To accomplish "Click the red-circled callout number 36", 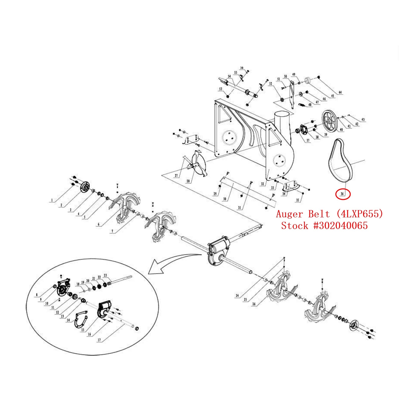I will [x=343, y=194].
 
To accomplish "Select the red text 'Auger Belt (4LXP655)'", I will [x=329, y=214].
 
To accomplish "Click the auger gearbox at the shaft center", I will [x=218, y=252].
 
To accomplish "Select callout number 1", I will [x=52, y=200].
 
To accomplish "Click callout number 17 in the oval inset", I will [x=99, y=340].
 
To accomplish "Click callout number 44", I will [x=340, y=92].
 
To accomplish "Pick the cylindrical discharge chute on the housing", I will [x=282, y=122].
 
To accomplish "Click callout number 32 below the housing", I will [x=262, y=184].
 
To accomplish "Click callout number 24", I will [x=237, y=295].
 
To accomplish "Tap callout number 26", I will [x=254, y=304].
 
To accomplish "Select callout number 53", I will [x=221, y=89].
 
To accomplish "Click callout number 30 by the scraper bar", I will [x=225, y=199].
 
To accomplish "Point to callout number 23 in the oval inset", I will [x=105, y=275].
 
